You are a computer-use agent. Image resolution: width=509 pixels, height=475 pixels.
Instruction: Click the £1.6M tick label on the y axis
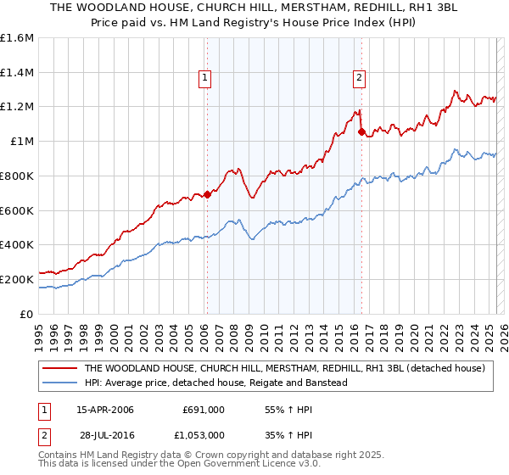pos(17,38)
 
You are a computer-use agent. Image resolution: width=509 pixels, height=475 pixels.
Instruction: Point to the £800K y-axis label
pos(17,176)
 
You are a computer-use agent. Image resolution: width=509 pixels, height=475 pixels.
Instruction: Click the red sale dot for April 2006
pos(206,195)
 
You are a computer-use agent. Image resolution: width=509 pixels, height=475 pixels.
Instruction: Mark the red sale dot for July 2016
pos(362,132)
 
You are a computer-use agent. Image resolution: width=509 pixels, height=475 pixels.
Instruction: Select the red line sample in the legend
pos(60,368)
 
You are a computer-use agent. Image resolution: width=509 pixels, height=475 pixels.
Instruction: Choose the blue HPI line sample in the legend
pos(60,383)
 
